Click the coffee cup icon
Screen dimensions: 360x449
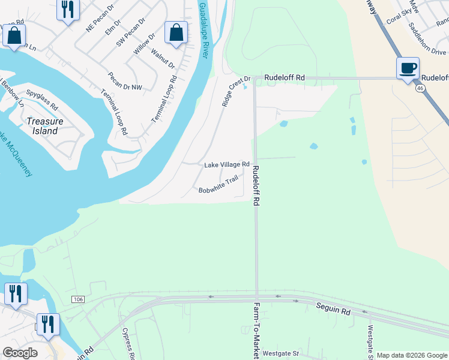pos(408,68)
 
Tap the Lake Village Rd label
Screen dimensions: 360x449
pos(226,164)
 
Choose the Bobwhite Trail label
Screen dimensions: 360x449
pos(218,184)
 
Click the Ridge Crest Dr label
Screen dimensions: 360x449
pos(235,92)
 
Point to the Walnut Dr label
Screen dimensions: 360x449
pos(163,59)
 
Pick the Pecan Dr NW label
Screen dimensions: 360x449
pos(125,83)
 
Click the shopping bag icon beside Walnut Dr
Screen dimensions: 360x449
pos(176,34)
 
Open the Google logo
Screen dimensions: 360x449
pos(20,353)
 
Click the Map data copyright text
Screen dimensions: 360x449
pos(412,355)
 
